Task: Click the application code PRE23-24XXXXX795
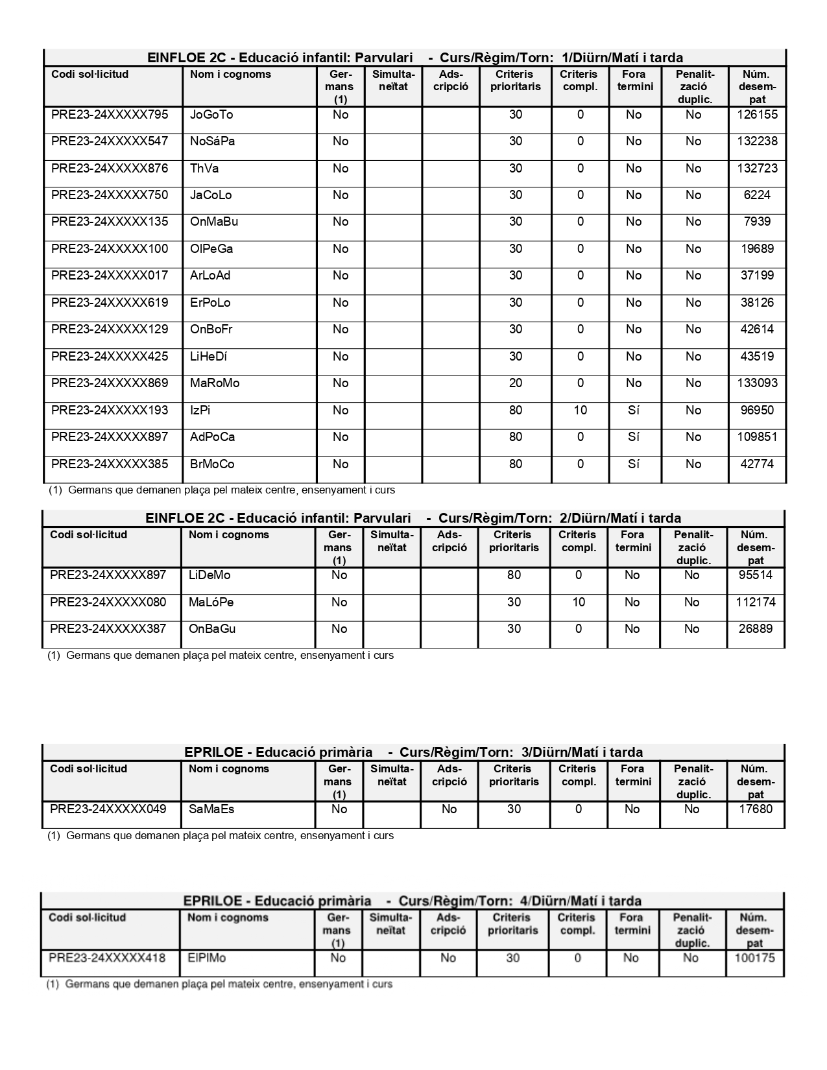click(110, 115)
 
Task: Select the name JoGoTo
click(211, 115)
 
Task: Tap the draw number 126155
click(757, 115)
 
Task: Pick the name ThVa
click(204, 169)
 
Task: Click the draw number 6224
click(757, 195)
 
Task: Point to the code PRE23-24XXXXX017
click(110, 276)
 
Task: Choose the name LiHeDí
click(208, 357)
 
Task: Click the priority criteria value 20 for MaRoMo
click(515, 383)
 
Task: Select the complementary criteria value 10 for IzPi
click(580, 410)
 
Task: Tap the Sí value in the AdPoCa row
click(634, 437)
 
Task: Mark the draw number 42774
click(757, 464)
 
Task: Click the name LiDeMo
click(210, 575)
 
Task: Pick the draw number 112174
click(756, 602)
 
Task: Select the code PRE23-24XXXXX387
click(108, 629)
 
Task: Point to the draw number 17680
click(756, 809)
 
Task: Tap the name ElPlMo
click(206, 958)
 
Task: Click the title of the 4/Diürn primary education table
click(412, 901)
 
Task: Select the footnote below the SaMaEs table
click(220, 836)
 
